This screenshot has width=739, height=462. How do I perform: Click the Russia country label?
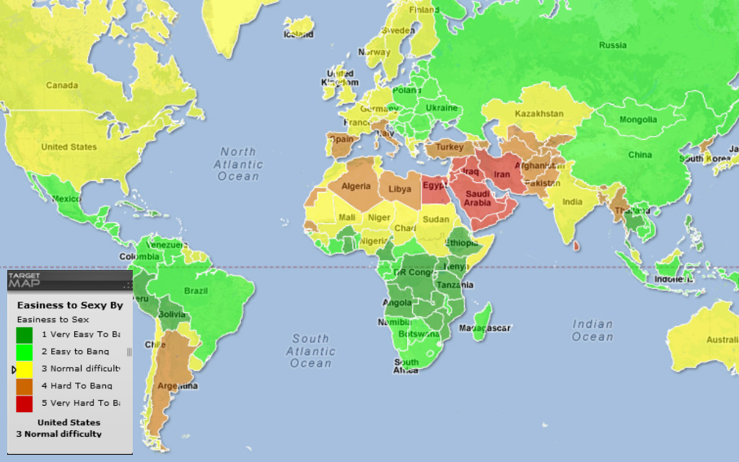tap(613, 45)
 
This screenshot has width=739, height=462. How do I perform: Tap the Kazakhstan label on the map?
tap(539, 114)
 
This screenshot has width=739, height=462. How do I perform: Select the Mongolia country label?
tap(639, 120)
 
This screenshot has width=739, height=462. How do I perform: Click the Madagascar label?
tap(488, 328)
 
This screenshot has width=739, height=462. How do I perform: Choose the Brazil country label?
tap(196, 291)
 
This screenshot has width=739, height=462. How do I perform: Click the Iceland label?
tap(299, 34)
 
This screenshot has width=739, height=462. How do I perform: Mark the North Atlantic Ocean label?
tap(239, 164)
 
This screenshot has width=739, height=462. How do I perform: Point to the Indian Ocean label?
tap(592, 331)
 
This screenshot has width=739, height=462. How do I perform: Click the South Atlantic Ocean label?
tap(311, 351)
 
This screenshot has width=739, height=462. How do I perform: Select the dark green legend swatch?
tap(25, 335)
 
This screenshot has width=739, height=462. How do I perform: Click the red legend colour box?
tap(25, 403)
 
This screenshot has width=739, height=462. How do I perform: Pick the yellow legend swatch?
tap(25, 369)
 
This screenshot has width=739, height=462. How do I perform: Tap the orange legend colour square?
tap(25, 386)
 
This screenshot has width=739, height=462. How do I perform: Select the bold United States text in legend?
tap(69, 422)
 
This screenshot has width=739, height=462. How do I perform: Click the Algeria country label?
tap(355, 186)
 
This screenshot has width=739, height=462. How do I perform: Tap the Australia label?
tap(722, 340)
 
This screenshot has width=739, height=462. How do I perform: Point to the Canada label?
tap(62, 85)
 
